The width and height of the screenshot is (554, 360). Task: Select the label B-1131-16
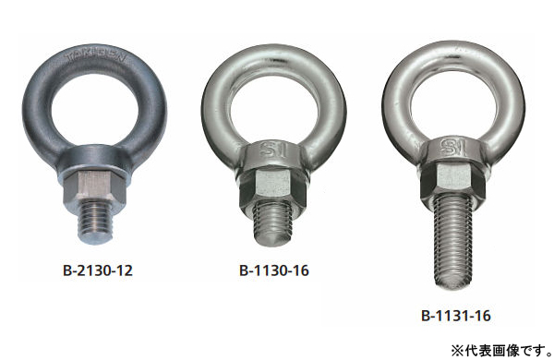coord(455,316)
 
